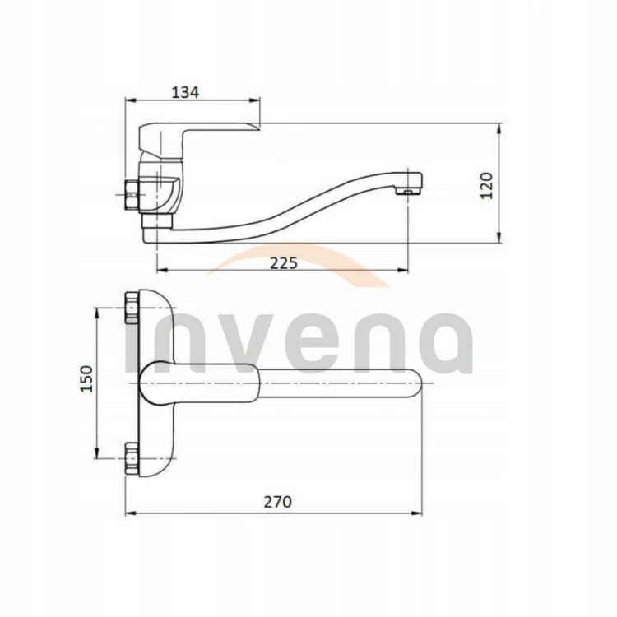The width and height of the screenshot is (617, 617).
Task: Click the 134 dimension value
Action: coord(185,92)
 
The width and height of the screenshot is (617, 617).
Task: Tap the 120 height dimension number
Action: coord(487,186)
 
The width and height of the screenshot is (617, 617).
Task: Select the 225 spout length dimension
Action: coord(284,263)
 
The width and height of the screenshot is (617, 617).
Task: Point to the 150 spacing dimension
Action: coord(86,378)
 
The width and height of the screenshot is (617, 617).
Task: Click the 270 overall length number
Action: coord(278,502)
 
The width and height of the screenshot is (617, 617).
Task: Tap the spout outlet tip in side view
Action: coord(409,191)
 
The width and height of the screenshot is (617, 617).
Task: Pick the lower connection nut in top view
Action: coord(132,458)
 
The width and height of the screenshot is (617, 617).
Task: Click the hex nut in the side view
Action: coord(132,194)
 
